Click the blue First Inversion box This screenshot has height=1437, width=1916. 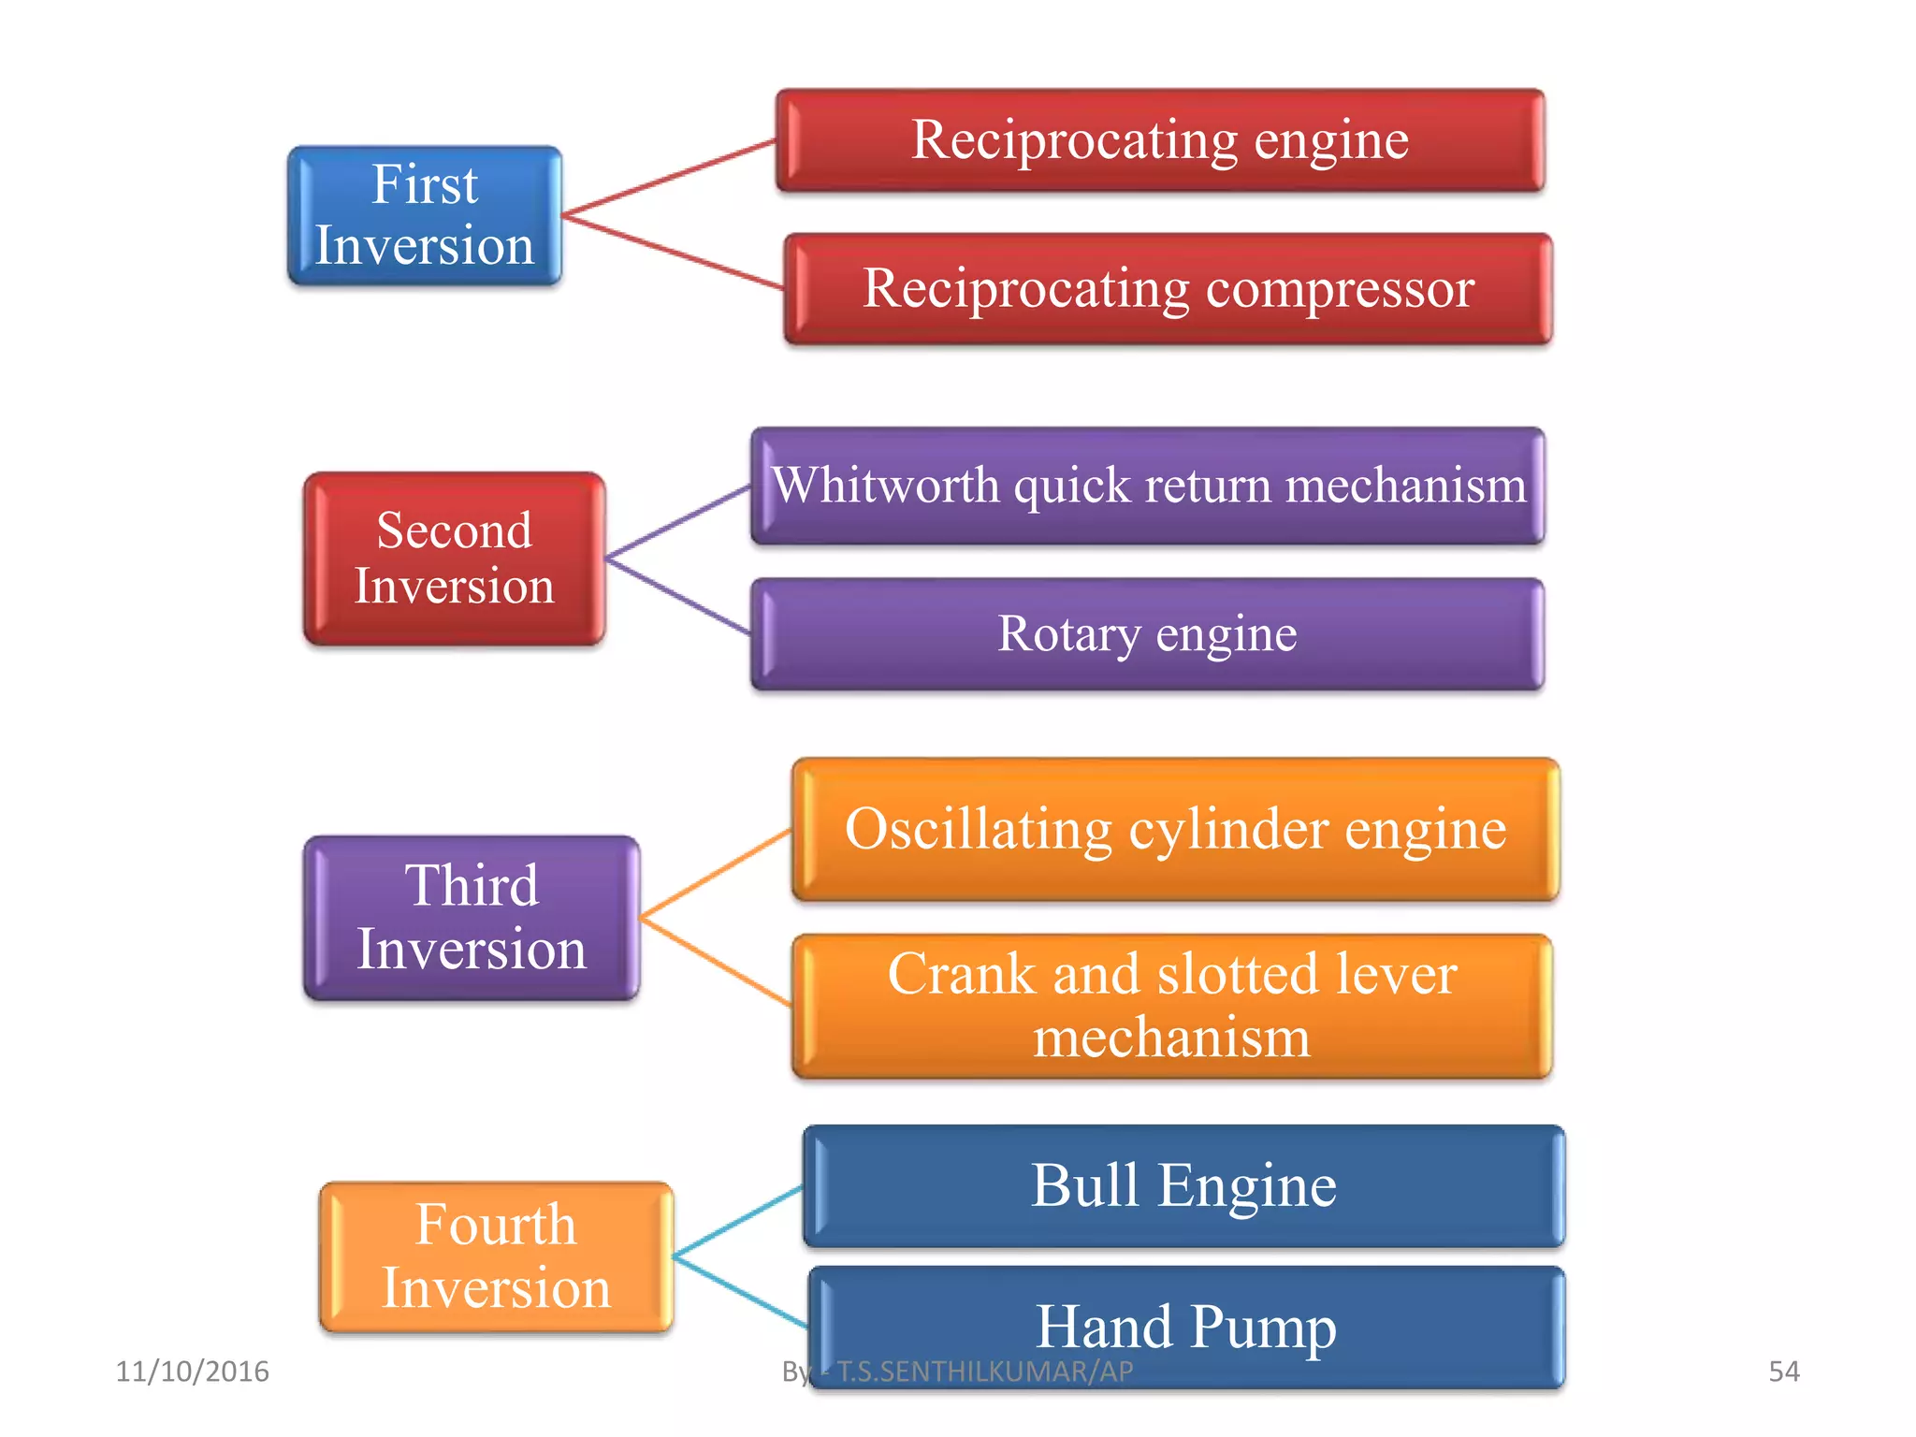(425, 215)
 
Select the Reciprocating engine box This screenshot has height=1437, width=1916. (1160, 140)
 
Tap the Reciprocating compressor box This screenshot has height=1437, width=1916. (1168, 288)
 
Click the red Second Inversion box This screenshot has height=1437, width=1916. (455, 559)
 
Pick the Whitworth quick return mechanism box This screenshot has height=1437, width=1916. (1148, 486)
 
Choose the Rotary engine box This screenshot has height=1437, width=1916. (1148, 634)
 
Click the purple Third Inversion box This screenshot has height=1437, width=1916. (472, 918)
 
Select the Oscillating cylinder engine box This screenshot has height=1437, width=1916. (1175, 829)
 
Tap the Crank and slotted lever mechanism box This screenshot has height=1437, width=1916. (1171, 1006)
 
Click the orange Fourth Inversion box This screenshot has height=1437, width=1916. (496, 1256)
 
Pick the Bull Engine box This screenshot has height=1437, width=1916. (1183, 1186)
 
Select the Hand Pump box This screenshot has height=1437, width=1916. (1186, 1327)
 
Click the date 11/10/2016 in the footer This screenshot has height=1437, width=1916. (192, 1372)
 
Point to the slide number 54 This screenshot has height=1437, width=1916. (1783, 1372)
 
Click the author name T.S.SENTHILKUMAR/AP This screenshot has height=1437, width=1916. (984, 1372)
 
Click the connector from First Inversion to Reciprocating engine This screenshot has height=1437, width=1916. (669, 178)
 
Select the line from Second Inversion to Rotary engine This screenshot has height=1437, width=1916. (678, 597)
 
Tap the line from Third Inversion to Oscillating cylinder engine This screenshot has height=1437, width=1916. (716, 872)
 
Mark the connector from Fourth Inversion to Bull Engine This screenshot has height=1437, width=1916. (738, 1220)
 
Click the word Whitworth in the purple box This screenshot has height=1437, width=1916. (886, 486)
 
